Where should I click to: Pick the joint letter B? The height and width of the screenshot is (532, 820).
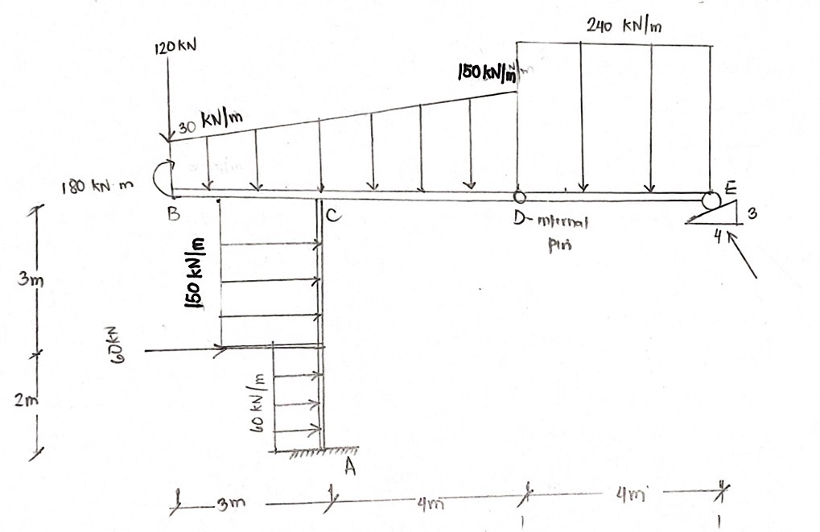pyautogui.click(x=172, y=214)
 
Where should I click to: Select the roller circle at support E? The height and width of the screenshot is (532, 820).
pyautogui.click(x=709, y=199)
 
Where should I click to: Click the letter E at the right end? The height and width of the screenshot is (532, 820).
pyautogui.click(x=731, y=189)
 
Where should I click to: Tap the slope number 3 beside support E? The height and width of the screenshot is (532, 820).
pyautogui.click(x=752, y=214)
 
